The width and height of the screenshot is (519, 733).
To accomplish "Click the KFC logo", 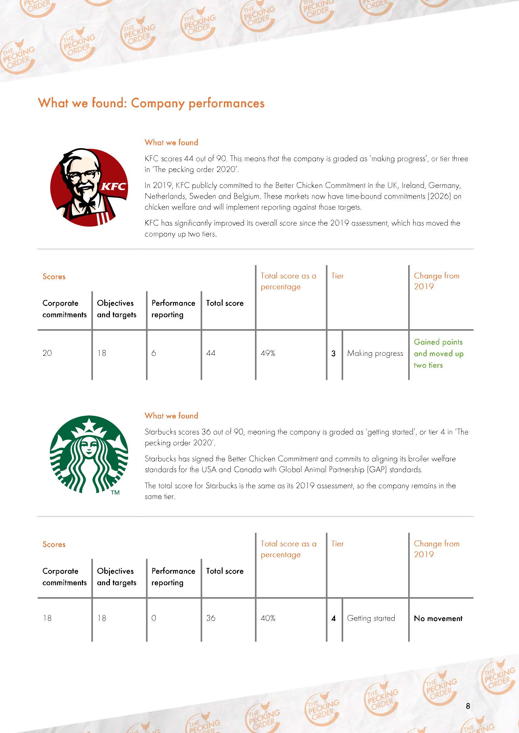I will tap(89, 187).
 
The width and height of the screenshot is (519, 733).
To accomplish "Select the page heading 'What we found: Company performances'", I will tap(151, 103).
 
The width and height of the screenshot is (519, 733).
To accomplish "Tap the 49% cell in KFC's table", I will tap(268, 353).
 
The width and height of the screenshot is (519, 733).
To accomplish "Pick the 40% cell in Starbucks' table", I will tap(268, 618).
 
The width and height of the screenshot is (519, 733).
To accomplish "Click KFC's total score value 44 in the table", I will tap(211, 353).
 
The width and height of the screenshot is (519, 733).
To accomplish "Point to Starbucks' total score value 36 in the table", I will tap(211, 618).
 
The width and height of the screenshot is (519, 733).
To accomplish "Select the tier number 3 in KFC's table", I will tap(333, 353).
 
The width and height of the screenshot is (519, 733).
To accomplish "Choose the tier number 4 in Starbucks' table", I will tap(333, 618).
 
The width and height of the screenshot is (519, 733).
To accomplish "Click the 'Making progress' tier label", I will tap(375, 353).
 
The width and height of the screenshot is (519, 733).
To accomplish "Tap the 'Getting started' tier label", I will tap(371, 618).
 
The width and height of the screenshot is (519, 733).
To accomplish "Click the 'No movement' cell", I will tap(438, 618).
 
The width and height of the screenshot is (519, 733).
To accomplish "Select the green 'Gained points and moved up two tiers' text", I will tap(438, 353).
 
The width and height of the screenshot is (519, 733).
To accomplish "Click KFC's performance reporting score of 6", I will tap(154, 353).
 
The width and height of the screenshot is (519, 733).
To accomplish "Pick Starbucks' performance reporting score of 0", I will tap(154, 618).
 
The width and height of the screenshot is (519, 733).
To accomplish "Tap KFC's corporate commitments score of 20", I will tap(47, 353).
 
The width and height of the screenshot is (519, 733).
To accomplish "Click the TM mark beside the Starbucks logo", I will tap(115, 493).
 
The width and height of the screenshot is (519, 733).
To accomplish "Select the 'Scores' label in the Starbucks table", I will tap(54, 544).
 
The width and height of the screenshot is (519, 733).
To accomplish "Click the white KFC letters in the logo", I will tap(113, 186).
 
